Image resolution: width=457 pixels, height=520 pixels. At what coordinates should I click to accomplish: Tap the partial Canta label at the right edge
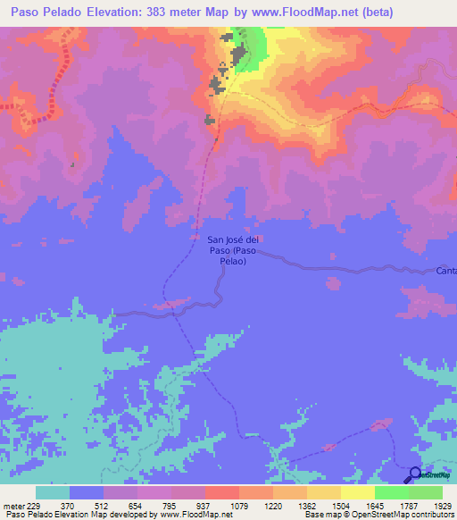(x=446, y=270)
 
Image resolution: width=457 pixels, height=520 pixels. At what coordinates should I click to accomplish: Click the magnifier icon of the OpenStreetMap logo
(x=415, y=474)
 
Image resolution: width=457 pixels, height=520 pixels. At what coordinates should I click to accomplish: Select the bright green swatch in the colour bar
(x=391, y=492)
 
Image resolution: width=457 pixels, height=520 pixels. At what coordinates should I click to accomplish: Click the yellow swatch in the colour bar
(x=323, y=492)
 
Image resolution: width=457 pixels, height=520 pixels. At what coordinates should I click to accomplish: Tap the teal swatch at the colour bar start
(x=53, y=492)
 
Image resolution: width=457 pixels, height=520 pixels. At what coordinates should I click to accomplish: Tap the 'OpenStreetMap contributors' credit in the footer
(x=410, y=515)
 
